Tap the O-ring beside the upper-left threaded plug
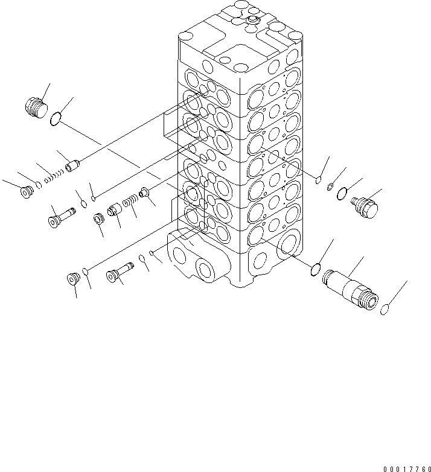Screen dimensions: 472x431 pyautogui.click(x=55, y=120)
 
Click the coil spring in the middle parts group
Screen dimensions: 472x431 pyautogui.click(x=129, y=201)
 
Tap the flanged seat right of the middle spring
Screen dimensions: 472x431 pyautogui.click(x=145, y=193)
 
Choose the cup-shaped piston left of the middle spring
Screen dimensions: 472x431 pyautogui.click(x=114, y=211)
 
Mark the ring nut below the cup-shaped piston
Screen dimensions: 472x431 pyautogui.click(x=98, y=217)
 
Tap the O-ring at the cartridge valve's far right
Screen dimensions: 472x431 pyautogui.click(x=384, y=310)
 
